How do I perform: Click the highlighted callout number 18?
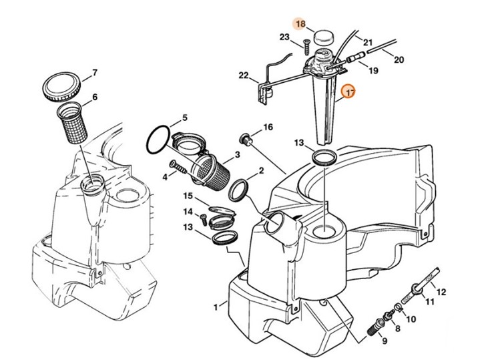tap(300, 24)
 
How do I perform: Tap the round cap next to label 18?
tap(326, 34)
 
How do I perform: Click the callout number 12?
tap(441, 292)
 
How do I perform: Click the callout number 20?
tap(399, 60)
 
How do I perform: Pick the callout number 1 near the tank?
tap(215, 307)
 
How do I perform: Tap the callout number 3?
tap(236, 155)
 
